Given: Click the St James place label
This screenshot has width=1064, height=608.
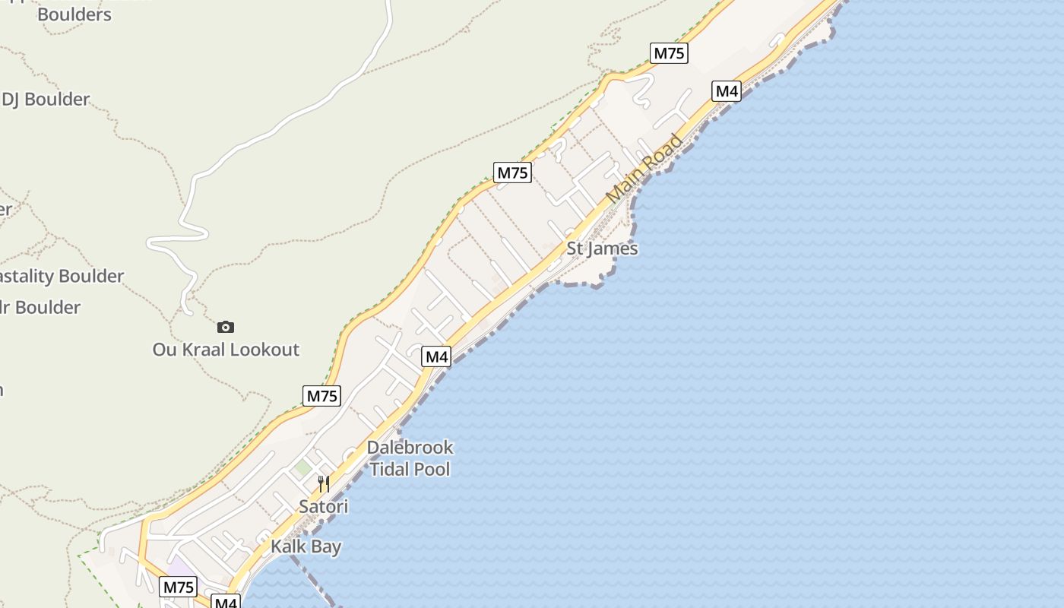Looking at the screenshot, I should [602, 249].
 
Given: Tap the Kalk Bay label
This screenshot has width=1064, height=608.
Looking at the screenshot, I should [306, 546].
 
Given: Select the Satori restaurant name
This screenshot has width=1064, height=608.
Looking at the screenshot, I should [323, 506].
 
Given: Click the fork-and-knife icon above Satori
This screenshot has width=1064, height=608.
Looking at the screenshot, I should [323, 484].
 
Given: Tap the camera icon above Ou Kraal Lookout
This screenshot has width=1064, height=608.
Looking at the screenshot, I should [226, 327].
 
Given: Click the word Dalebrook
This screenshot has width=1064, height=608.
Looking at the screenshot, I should [410, 447].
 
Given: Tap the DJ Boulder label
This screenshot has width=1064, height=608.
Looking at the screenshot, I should [46, 99].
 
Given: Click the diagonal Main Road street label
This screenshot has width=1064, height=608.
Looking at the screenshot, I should [644, 169].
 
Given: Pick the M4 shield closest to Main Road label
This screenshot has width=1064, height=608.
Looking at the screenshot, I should [727, 91].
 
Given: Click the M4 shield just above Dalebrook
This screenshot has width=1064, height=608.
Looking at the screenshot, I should [437, 356].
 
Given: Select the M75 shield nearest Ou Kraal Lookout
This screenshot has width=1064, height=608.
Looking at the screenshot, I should [321, 395].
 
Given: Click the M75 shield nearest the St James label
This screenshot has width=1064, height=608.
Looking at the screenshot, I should [512, 173].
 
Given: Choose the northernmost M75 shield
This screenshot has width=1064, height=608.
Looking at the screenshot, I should [670, 53].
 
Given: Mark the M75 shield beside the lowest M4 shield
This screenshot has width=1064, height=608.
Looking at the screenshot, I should [179, 587].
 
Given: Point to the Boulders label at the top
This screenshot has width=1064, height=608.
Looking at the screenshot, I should [74, 14].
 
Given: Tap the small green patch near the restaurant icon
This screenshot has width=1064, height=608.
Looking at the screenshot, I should [303, 467].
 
